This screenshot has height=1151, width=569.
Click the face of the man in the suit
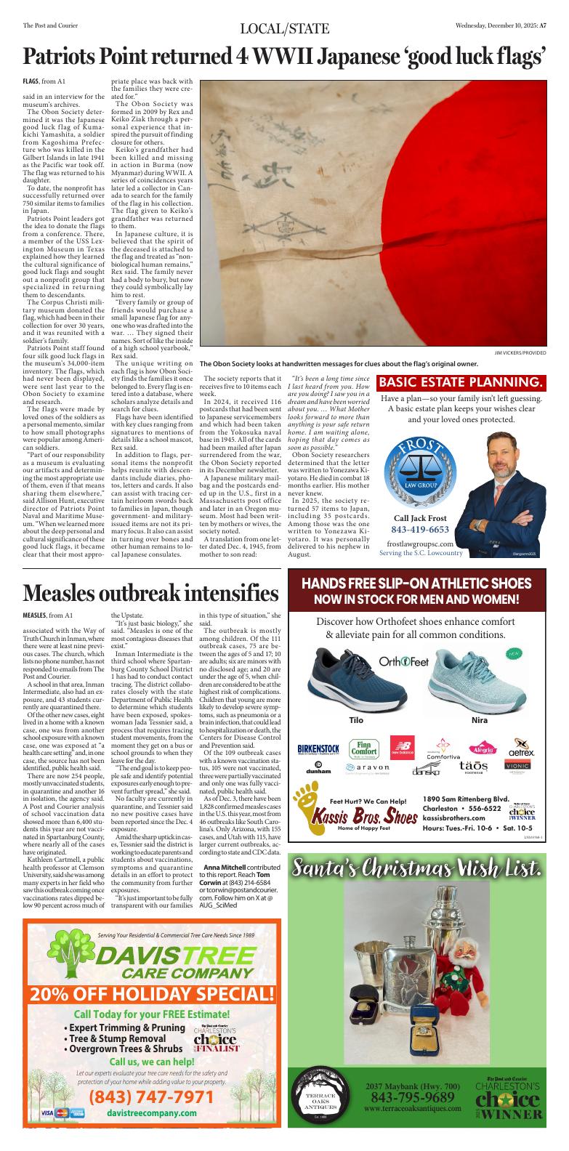[509, 443]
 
